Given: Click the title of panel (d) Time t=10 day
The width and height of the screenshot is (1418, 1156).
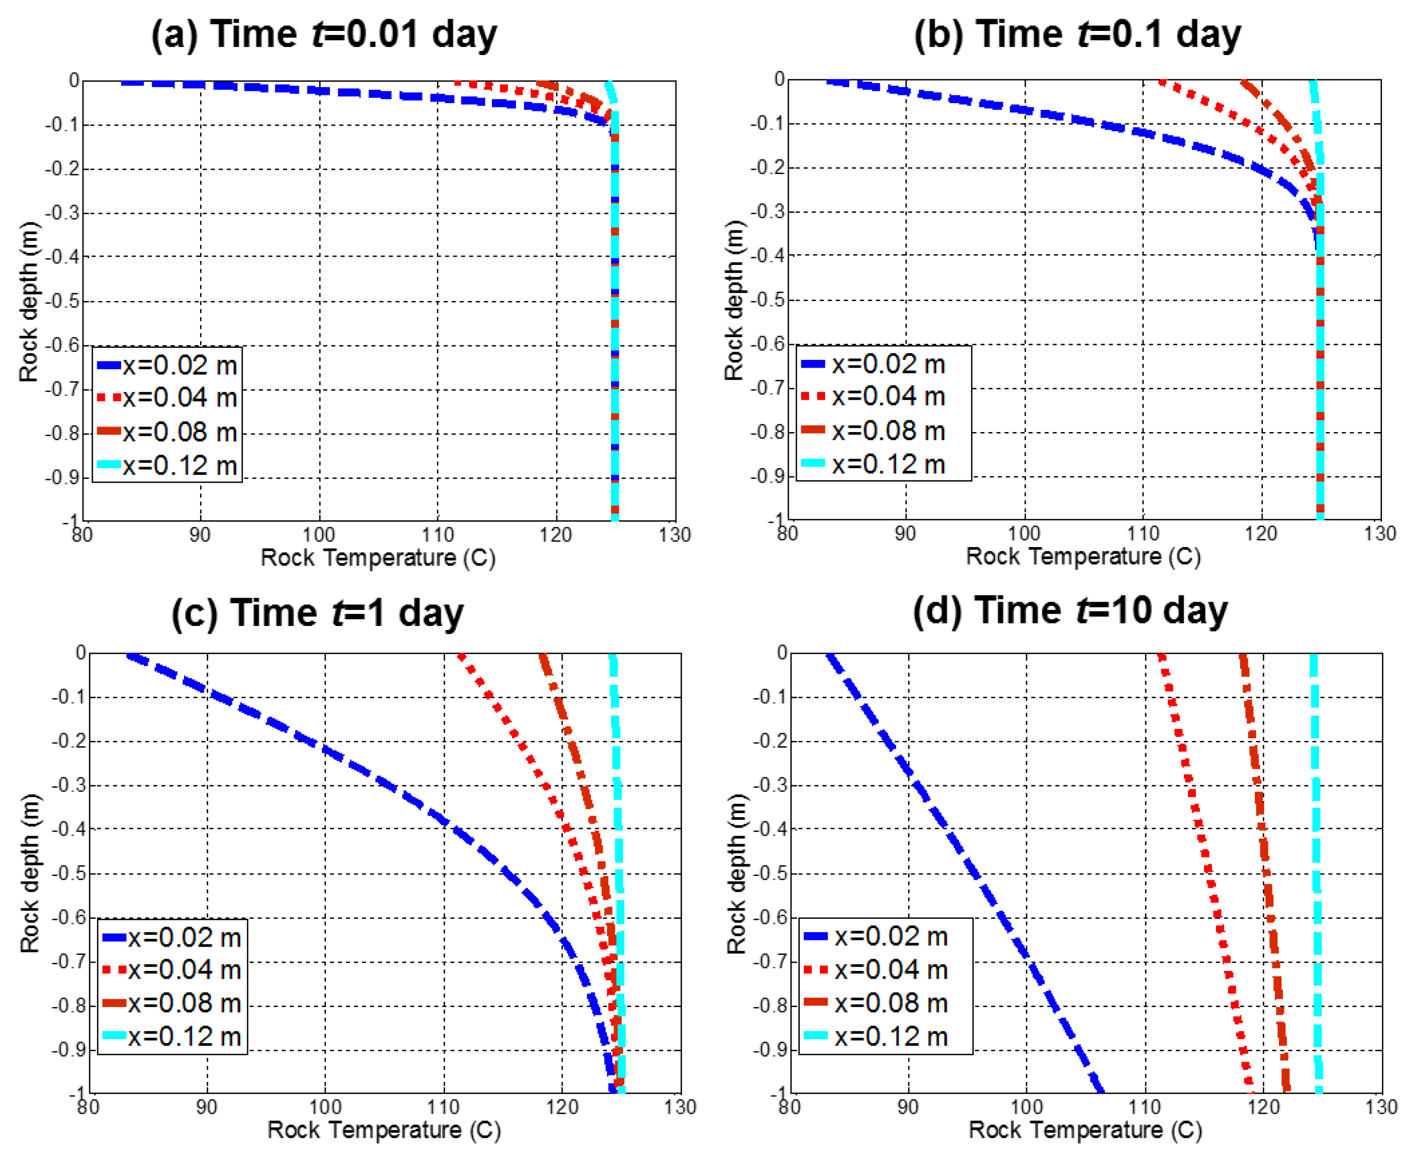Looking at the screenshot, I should click(1069, 610).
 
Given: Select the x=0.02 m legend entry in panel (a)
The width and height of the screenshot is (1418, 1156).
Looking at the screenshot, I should click(168, 365).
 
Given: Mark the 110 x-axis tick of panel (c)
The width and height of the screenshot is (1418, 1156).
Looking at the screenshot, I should click(443, 1108).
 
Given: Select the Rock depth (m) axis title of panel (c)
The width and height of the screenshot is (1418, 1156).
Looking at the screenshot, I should click(29, 873).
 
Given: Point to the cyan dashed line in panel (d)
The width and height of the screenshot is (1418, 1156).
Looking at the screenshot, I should click(1316, 866).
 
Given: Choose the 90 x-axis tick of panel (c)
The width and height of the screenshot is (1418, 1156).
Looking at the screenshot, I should click(206, 1108).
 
